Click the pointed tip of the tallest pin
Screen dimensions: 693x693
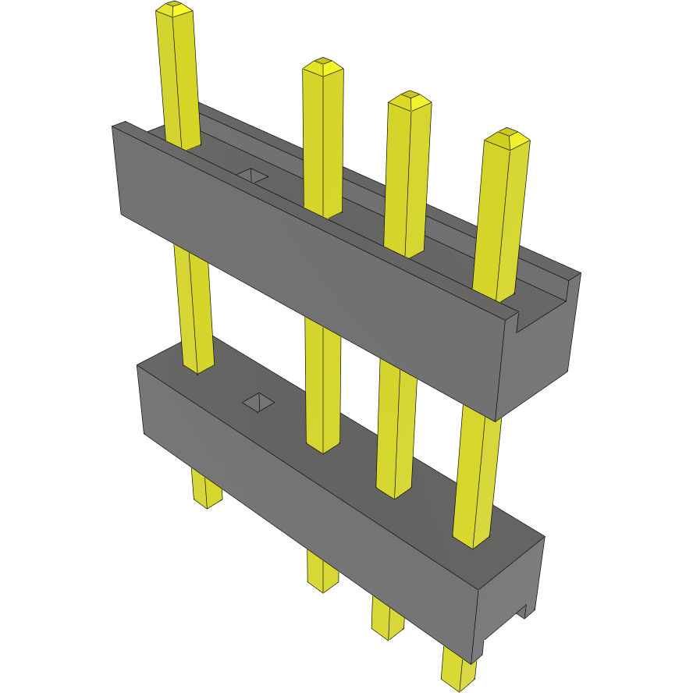[174, 9]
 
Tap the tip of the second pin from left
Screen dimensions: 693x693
[322, 65]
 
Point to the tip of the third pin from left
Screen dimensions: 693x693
[409, 99]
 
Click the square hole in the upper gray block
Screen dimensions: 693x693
[252, 175]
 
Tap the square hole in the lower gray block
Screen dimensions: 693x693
[258, 403]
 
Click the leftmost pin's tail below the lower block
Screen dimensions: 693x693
[206, 489]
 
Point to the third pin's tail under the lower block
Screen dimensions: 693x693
[387, 618]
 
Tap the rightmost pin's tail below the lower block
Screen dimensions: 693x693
[458, 668]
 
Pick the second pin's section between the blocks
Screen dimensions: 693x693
[323, 382]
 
